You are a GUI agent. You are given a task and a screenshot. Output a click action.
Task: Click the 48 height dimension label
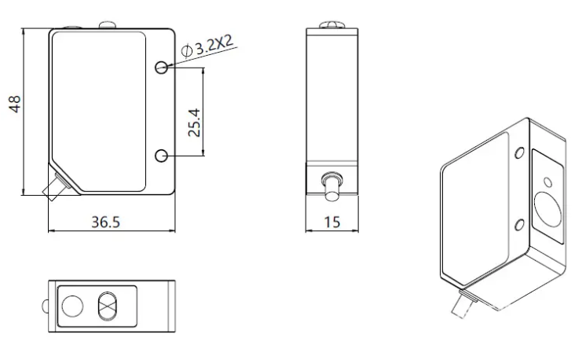[x=15, y=104]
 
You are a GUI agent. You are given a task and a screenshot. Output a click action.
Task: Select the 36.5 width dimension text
[x=105, y=222]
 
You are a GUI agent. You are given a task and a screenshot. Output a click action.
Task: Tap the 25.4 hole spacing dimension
[x=194, y=123]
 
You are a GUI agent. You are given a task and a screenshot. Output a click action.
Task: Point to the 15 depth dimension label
[x=331, y=222]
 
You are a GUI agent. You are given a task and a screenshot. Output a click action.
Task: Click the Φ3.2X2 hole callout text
[x=207, y=46]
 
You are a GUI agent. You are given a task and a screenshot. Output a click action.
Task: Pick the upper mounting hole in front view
[x=161, y=67]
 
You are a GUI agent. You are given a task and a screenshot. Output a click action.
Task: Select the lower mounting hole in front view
[x=161, y=156]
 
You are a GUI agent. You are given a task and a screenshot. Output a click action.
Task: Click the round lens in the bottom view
[x=72, y=306]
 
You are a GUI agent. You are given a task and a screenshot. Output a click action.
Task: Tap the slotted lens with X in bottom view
[x=107, y=306]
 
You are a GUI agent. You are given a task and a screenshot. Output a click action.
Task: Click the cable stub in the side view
[x=331, y=186]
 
